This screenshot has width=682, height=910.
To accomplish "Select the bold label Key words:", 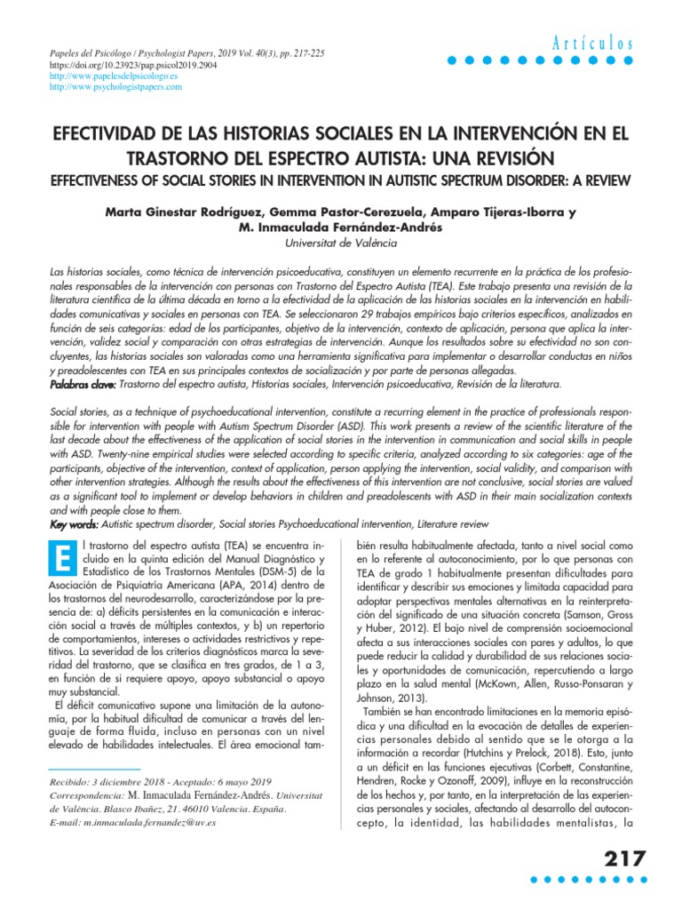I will click(74, 524).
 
